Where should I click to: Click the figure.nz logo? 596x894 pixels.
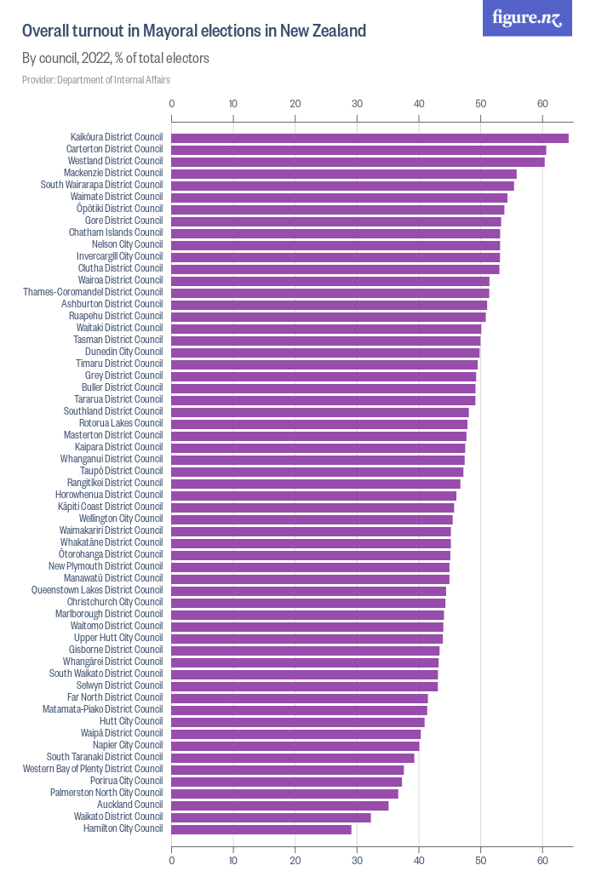(x=527, y=18)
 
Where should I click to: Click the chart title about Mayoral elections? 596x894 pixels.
(x=194, y=32)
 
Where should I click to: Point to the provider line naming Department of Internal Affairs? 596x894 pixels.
(x=96, y=79)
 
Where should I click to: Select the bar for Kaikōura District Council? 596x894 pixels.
(x=370, y=137)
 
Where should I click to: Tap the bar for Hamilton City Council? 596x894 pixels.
(x=261, y=828)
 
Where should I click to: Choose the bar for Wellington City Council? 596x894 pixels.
(x=312, y=519)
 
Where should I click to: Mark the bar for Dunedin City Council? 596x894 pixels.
(x=325, y=352)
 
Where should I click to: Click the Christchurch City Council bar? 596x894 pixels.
(x=308, y=602)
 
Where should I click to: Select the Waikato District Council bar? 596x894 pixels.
(x=271, y=817)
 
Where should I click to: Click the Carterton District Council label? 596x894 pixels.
(x=114, y=149)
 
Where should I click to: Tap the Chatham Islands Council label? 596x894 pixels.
(x=116, y=232)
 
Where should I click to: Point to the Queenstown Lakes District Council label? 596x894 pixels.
(x=97, y=590)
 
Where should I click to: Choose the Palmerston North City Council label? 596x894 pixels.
(x=106, y=793)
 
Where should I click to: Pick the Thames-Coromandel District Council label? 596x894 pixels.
(x=93, y=292)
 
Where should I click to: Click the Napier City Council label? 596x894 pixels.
(x=128, y=745)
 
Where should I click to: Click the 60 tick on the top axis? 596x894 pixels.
(x=542, y=104)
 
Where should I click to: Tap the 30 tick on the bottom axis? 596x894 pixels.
(x=357, y=862)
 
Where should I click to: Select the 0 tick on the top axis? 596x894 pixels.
(x=172, y=104)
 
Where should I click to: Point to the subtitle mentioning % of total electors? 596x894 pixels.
(x=116, y=59)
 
